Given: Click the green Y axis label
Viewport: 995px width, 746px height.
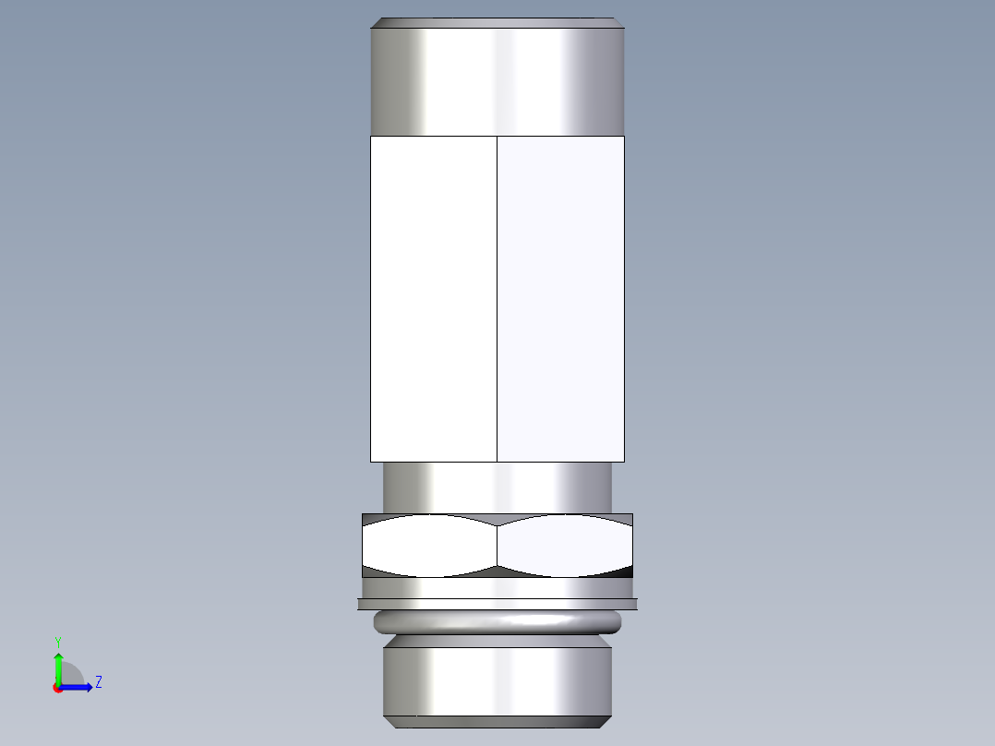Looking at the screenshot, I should (x=57, y=641).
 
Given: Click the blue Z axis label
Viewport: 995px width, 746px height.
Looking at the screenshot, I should (x=98, y=682).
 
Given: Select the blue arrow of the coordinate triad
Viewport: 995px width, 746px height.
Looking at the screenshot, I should (x=79, y=687).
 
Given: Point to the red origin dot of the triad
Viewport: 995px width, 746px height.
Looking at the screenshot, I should (x=57, y=688).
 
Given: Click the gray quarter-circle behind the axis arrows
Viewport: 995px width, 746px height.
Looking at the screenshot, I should (x=71, y=675).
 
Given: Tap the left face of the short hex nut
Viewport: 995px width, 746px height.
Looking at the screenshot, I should (x=429, y=546).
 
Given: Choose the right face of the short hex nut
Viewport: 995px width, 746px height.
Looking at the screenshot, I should (x=564, y=546).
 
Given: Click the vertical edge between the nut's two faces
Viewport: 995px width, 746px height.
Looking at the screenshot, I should (x=497, y=546).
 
